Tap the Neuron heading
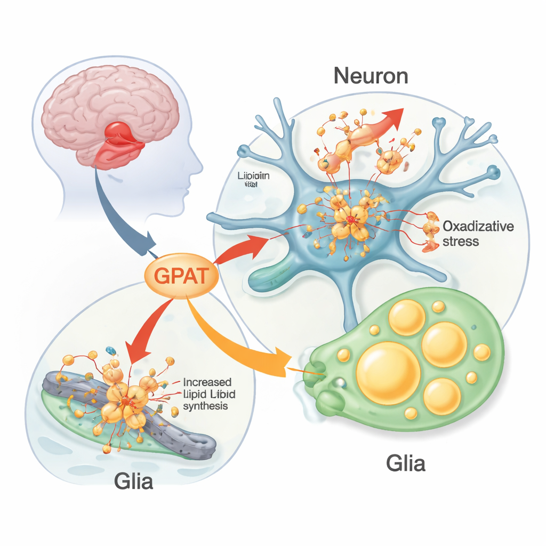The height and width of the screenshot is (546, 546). [371, 76]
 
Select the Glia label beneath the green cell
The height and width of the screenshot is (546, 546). [406, 463]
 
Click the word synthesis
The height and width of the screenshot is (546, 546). [205, 406]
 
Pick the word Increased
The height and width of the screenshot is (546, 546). [207, 382]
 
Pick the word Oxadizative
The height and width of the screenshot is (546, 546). [478, 226]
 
